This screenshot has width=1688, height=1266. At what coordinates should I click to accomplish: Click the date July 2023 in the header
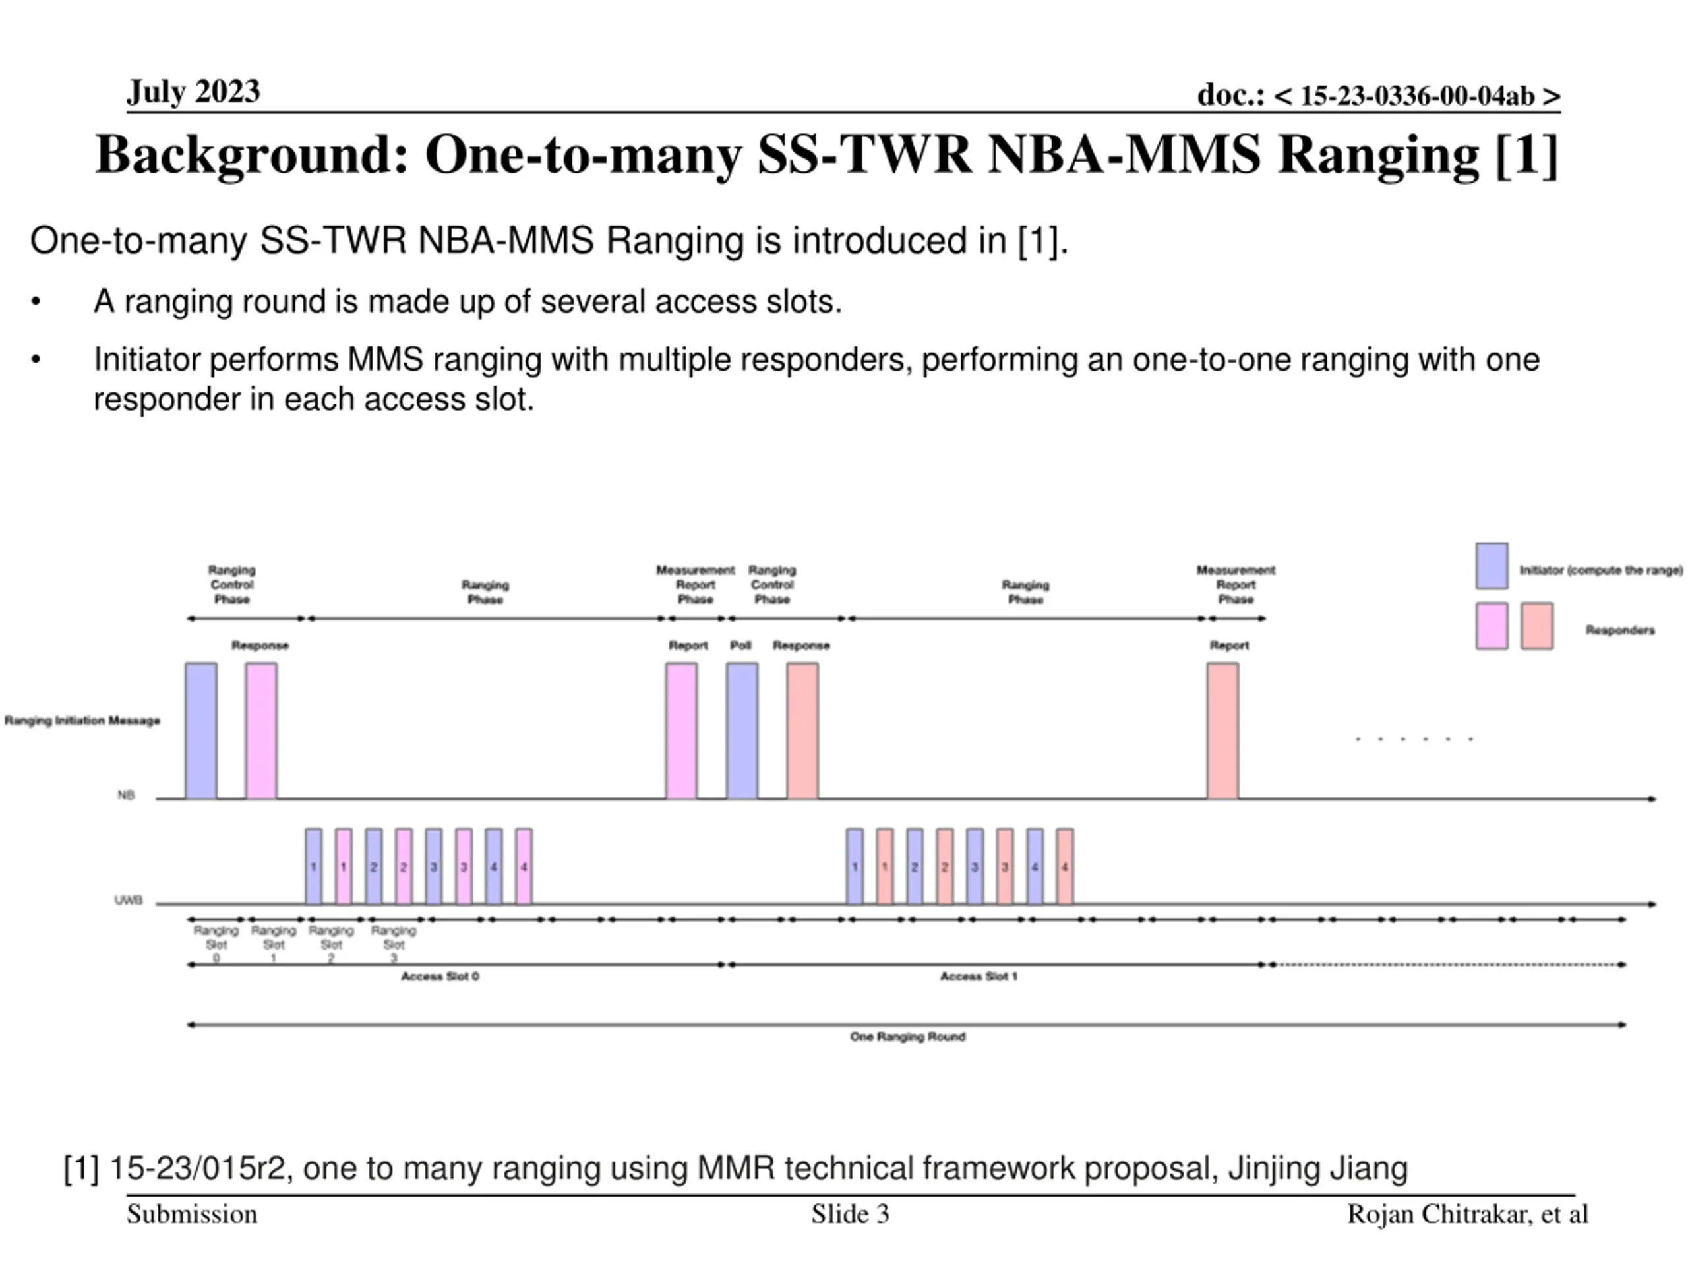[193, 92]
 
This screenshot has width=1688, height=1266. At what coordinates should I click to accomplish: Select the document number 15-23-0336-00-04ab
[1417, 96]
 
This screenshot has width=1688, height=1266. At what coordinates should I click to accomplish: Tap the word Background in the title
[252, 155]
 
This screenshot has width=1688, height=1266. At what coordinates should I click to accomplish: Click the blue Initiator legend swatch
[1491, 566]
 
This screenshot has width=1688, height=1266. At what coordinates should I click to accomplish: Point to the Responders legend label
[1619, 630]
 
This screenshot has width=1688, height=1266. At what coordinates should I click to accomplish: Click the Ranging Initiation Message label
[82, 721]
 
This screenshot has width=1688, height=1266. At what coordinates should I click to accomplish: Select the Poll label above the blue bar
[740, 646]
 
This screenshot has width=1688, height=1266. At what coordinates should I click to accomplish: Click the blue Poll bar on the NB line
[742, 731]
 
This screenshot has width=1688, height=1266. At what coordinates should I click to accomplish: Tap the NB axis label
[126, 795]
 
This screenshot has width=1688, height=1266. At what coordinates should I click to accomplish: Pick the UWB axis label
[128, 901]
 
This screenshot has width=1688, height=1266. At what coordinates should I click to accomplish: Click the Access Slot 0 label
[440, 976]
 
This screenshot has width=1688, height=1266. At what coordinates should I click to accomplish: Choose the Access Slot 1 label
[979, 976]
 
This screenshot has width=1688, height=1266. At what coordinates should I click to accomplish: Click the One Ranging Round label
[907, 1037]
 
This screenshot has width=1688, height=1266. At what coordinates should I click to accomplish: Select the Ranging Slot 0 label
[216, 944]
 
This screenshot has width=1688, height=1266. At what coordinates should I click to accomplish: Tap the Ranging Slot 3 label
[394, 944]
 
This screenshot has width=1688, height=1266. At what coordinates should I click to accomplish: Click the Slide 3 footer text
[850, 1214]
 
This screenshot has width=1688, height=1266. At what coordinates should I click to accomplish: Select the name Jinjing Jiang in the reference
[1318, 1168]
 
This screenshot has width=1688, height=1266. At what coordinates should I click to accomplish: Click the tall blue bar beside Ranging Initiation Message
[200, 731]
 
